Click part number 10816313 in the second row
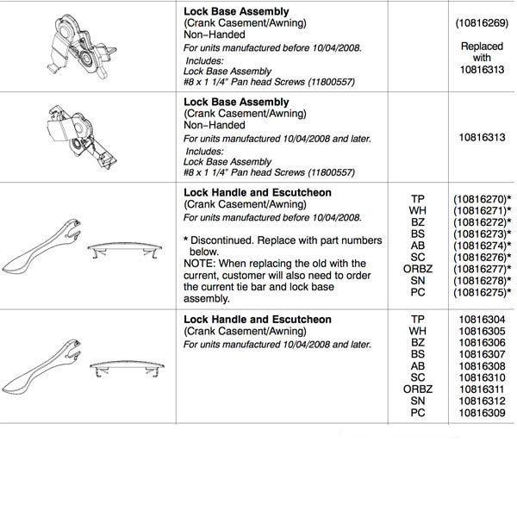482,136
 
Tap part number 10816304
482,320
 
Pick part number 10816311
482,389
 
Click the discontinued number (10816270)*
483,199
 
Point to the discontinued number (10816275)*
483,292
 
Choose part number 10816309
482,413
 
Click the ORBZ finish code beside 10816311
418,389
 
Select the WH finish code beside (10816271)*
418,211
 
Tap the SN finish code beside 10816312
418,401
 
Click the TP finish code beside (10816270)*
418,199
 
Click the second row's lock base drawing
77,134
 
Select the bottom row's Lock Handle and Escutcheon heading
258,320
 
